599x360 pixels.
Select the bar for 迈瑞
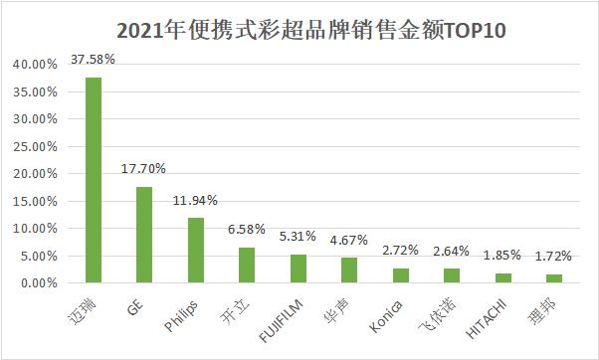pyautogui.click(x=94, y=180)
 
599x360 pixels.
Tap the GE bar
pyautogui.click(x=144, y=235)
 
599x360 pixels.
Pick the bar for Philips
pyautogui.click(x=196, y=251)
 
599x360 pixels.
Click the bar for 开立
pyautogui.click(x=247, y=266)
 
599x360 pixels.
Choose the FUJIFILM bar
pyautogui.click(x=299, y=269)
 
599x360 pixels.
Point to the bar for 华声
pyautogui.click(x=349, y=270)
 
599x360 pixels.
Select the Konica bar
pyautogui.click(x=401, y=275)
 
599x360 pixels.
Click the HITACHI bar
pyautogui.click(x=503, y=278)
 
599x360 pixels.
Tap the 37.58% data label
pyautogui.click(x=94, y=60)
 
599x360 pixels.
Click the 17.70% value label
pyautogui.click(x=144, y=169)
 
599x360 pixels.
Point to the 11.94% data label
pyautogui.click(x=196, y=201)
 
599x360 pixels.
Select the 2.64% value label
pyautogui.click(x=452, y=252)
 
